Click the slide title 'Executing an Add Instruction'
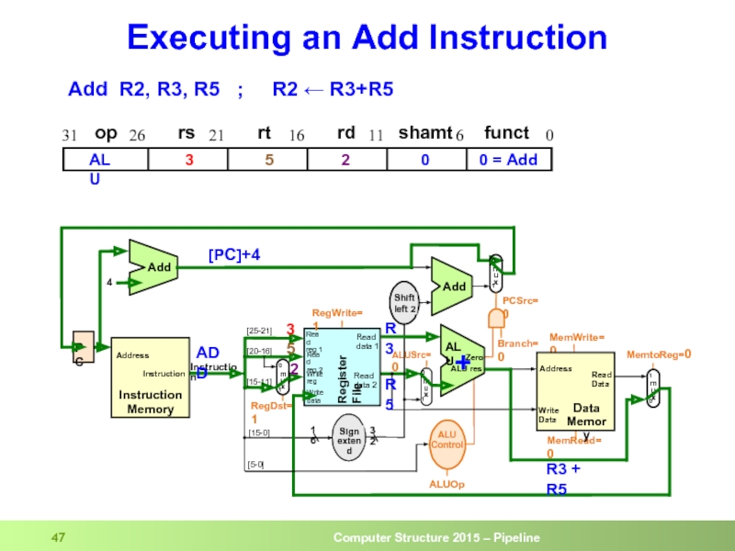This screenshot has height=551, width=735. click(367, 38)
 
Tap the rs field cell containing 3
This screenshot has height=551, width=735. click(188, 160)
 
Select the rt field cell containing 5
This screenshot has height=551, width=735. click(269, 160)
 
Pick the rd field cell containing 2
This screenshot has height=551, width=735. click(345, 160)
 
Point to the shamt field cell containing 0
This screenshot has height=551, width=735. click(424, 160)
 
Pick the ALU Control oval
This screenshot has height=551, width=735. click(447, 439)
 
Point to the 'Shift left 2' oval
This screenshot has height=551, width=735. click(404, 302)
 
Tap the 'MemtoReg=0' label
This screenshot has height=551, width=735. click(658, 354)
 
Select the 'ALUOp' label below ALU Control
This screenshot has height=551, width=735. click(447, 483)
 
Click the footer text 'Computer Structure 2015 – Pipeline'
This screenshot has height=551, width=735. click(435, 537)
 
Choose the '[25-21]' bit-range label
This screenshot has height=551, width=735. click(259, 331)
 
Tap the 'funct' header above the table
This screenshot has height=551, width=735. click(506, 133)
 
